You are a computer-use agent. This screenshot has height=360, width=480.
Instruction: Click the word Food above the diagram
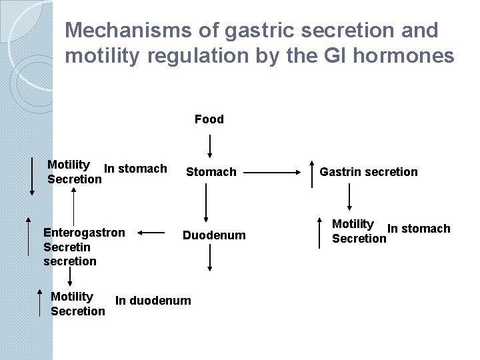209,119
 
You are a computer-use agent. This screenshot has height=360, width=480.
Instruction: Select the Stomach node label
211,172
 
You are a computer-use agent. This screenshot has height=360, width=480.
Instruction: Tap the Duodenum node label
214,235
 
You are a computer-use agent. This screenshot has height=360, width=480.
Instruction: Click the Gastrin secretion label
369,172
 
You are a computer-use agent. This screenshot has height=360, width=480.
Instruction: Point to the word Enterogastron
84,233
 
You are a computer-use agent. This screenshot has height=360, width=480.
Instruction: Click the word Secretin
67,247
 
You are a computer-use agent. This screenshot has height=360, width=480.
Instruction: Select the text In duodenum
153,301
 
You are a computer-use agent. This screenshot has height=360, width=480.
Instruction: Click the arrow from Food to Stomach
210,145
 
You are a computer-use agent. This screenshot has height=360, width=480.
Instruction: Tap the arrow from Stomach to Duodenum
207,203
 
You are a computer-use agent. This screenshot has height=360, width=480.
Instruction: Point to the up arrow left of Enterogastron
28,240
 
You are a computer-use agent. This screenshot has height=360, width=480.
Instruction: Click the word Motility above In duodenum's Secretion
72,297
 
